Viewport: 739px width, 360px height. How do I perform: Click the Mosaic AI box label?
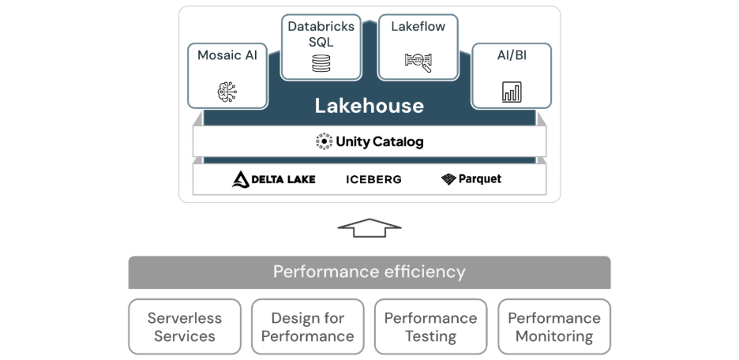tap(227, 55)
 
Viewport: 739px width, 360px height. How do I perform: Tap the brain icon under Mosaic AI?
tap(227, 92)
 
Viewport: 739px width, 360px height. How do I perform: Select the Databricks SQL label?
tap(321, 34)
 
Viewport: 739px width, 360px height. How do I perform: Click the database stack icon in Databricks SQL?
tap(321, 63)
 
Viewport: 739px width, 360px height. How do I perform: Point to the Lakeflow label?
tap(418, 27)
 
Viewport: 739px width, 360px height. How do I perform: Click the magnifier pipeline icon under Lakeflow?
tap(418, 61)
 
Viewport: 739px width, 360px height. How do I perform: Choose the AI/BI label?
tap(511, 55)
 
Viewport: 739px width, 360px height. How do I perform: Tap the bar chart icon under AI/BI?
tap(512, 92)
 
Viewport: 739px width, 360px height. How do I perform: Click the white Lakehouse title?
tap(369, 106)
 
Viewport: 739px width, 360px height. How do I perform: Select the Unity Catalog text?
tap(380, 142)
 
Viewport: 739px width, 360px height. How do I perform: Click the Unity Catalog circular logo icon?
tap(324, 142)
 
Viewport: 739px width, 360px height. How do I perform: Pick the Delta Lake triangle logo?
tap(241, 179)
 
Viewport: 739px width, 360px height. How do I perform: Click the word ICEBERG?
tap(373, 179)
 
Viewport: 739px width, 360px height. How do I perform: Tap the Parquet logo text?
tap(481, 179)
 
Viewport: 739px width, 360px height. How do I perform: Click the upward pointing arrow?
tap(369, 227)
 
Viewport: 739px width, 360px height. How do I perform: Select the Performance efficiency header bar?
tap(369, 272)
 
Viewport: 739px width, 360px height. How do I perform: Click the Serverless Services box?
tap(185, 327)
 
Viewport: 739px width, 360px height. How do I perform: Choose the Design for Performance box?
tap(307, 327)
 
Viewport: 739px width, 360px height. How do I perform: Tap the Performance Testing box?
tap(430, 327)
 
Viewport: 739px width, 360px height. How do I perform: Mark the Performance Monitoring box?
tap(553, 327)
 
